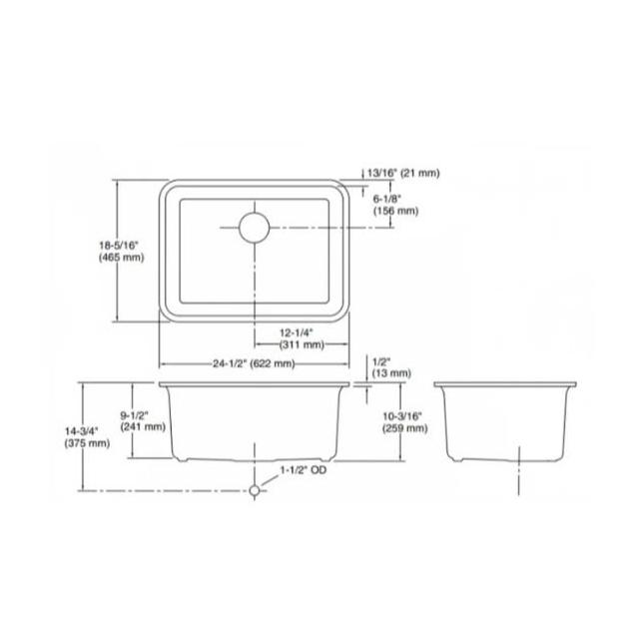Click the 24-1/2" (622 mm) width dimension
[254, 363]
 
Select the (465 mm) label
[122, 258]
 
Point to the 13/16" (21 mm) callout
[403, 173]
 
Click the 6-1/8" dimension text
[387, 199]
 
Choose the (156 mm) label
[395, 211]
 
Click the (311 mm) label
[302, 344]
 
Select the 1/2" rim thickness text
[381, 361]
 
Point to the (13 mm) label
[391, 373]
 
